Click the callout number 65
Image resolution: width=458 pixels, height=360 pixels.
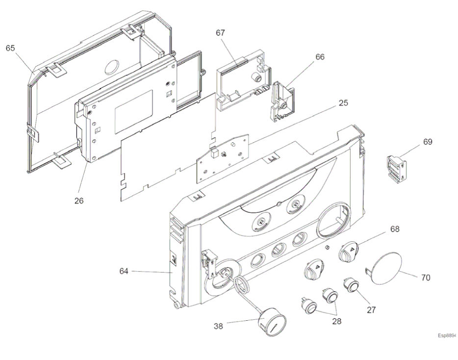[10, 48]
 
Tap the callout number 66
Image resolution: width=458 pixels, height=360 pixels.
[320, 57]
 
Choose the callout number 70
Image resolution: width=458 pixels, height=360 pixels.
[425, 278]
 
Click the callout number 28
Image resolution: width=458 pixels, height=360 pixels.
[337, 322]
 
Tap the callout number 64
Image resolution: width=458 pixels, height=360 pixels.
[125, 271]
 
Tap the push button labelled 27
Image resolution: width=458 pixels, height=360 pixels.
[351, 284]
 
